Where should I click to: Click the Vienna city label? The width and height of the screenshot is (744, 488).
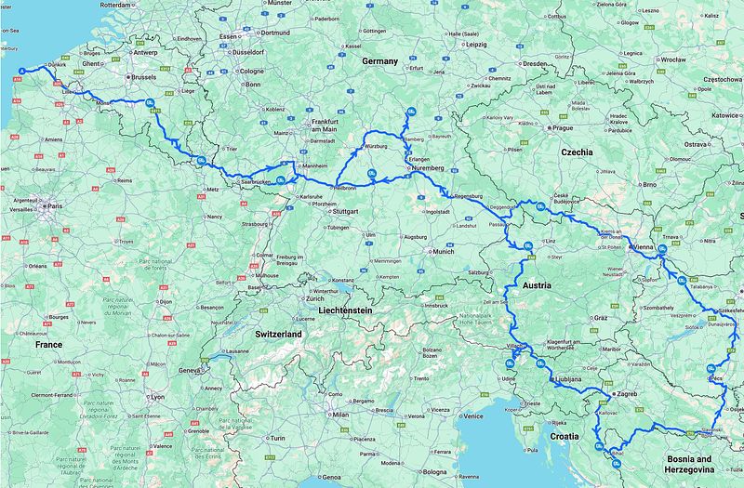[642, 248]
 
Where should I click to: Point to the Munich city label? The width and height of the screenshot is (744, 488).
[443, 251]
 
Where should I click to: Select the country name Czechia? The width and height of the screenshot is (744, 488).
[583, 151]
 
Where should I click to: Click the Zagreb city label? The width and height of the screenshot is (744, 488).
[627, 394]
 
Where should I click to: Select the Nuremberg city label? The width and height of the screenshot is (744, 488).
[430, 168]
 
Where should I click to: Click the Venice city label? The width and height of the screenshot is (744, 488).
[473, 415]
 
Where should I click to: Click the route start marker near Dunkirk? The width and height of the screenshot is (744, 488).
[22, 71]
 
